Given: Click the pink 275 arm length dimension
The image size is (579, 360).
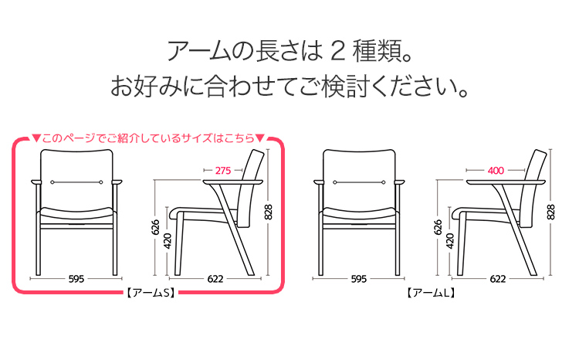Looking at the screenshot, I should click(223, 170).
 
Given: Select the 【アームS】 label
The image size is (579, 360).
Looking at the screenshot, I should click(148, 294).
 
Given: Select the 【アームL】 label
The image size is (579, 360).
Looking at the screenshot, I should click(428, 294).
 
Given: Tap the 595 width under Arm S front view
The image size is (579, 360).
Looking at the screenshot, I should click(76, 279).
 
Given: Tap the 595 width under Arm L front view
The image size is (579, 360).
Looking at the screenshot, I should click(357, 279).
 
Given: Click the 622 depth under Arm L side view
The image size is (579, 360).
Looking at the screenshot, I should click(498, 279).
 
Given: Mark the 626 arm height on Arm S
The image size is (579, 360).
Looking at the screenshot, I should click(155, 228).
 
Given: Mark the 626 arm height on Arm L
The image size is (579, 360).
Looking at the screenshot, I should click(437, 228).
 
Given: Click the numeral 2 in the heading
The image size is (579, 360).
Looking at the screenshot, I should click(337, 52).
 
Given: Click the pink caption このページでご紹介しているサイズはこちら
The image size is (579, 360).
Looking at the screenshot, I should click(148, 139).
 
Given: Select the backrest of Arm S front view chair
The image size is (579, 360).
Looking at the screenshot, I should click(76, 178).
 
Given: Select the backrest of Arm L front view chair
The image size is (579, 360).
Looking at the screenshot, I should click(358, 178).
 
